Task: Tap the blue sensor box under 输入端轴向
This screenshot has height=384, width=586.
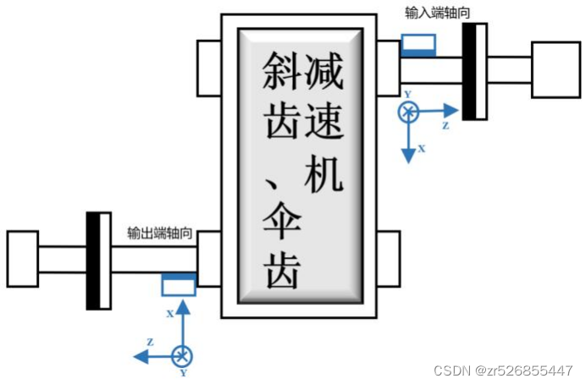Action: point(418,45)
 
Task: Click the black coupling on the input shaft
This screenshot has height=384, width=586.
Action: point(474,70)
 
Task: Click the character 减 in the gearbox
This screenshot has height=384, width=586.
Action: point(324,71)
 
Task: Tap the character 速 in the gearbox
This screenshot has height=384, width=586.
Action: point(324,120)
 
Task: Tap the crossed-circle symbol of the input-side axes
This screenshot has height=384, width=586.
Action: point(409,112)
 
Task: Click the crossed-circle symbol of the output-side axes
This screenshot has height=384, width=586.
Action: point(180,355)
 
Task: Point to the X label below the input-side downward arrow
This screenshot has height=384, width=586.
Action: point(422,147)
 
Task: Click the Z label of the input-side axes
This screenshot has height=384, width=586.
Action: point(445,124)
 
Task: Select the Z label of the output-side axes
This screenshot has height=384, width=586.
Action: point(149,342)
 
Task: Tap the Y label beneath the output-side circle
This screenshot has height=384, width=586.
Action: point(182,373)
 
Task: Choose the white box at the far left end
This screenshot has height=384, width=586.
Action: point(22,259)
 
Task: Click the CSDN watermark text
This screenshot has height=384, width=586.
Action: point(502,370)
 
